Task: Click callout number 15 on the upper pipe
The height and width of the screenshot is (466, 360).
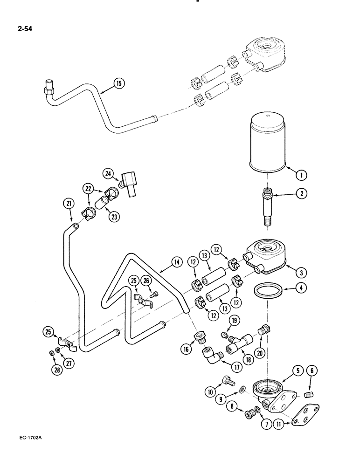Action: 118,84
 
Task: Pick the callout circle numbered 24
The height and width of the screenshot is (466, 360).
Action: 110,175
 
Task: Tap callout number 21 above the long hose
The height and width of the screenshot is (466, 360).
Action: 69,203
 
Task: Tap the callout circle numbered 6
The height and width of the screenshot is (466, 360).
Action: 311,371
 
